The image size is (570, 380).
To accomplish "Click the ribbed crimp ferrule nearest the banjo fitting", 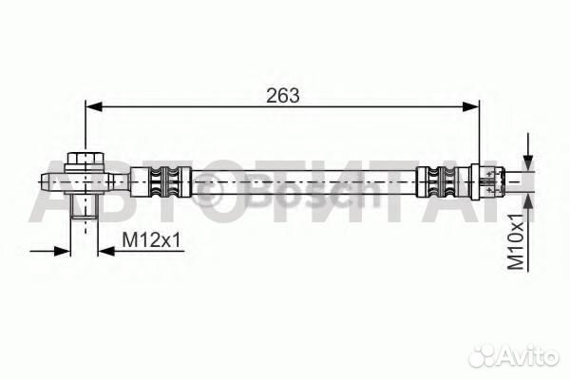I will coord(161,180).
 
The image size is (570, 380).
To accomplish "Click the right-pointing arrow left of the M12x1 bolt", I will coord(62,251).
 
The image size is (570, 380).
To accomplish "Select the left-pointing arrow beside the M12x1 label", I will coord(104,251).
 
